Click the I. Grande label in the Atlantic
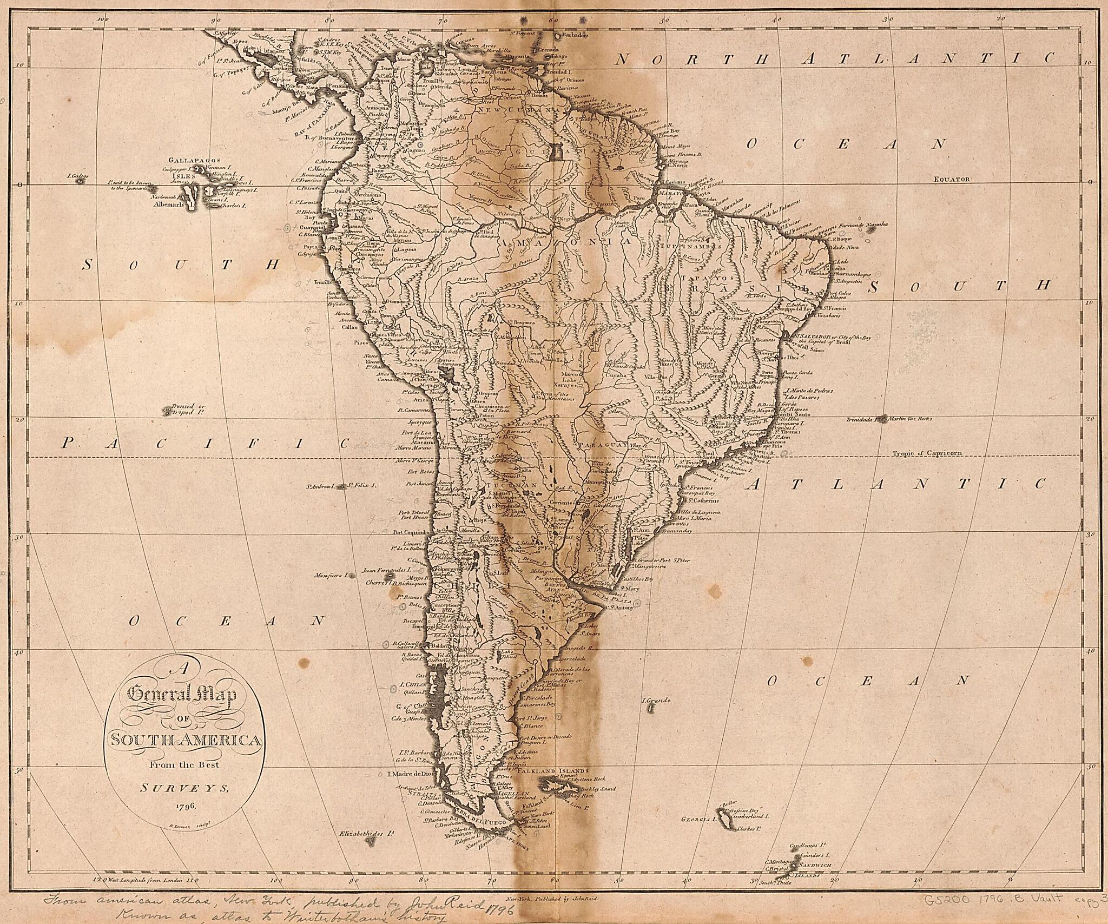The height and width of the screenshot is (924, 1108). click(656, 701)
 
